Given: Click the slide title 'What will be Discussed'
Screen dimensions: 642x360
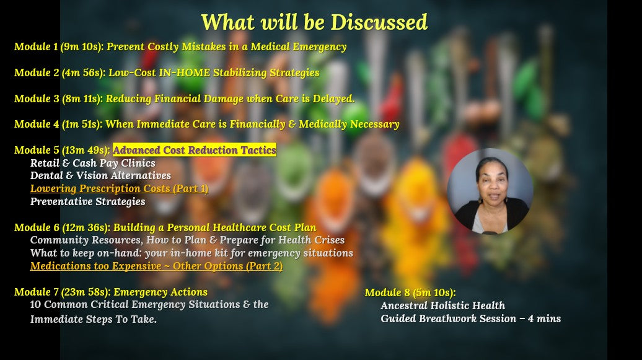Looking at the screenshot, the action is pyautogui.click(x=314, y=22).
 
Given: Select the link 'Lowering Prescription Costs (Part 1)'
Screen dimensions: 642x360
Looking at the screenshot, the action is pyautogui.click(x=119, y=188).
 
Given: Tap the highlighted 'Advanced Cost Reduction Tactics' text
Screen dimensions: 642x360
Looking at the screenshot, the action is pyautogui.click(x=195, y=150).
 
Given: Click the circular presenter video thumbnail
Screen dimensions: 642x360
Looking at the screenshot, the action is pyautogui.click(x=490, y=191).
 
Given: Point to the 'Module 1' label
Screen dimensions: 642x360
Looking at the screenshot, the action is pyautogui.click(x=36, y=46).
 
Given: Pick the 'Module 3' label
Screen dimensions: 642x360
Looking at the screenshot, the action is pyautogui.click(x=37, y=99).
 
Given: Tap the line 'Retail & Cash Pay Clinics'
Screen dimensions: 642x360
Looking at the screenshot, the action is pyautogui.click(x=92, y=163).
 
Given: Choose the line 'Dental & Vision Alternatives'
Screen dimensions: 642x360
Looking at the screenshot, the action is pyautogui.click(x=101, y=176).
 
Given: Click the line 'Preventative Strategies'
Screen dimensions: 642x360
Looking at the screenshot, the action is pyautogui.click(x=87, y=201).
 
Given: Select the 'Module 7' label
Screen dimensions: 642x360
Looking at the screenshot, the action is pyautogui.click(x=37, y=292).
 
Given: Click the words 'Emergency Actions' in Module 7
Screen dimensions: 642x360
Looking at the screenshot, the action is pyautogui.click(x=160, y=292).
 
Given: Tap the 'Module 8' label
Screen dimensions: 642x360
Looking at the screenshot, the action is pyautogui.click(x=387, y=292).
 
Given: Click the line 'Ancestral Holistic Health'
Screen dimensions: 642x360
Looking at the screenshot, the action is pyautogui.click(x=442, y=305).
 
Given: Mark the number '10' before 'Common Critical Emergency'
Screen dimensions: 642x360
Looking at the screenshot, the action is pyautogui.click(x=35, y=305).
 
